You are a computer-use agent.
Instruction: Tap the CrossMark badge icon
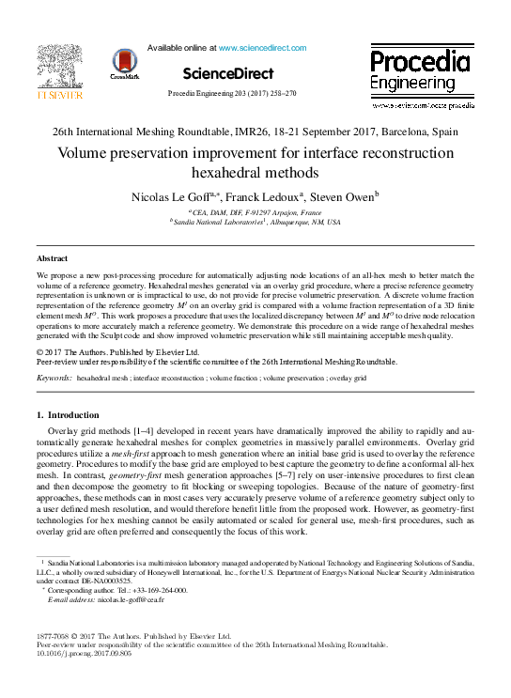point(123,64)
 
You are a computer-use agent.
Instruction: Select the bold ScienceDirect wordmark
point(227,73)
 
